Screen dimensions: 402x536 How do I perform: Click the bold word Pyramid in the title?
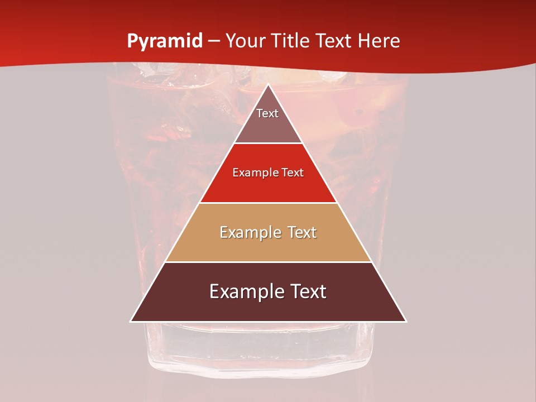coord(164,41)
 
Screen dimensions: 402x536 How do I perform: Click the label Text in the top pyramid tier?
coord(267,113)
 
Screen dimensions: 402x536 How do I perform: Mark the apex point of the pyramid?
coord(269,85)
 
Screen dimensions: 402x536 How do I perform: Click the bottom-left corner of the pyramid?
coord(131,321)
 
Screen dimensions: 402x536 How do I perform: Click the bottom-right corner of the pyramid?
coord(406,321)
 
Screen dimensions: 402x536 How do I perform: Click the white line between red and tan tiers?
coord(268,203)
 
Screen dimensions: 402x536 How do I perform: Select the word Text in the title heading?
coord(334,41)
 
